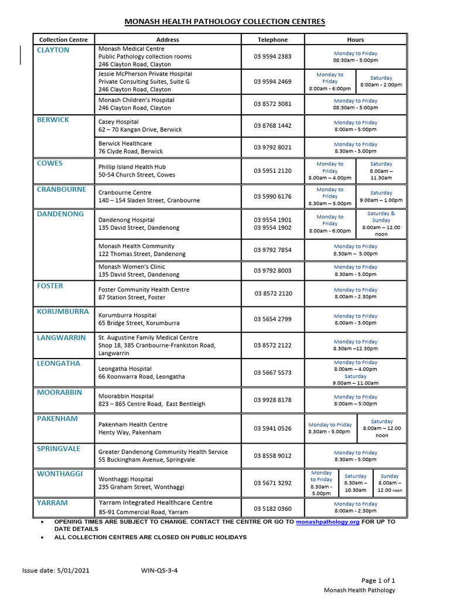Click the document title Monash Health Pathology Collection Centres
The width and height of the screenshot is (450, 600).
225,22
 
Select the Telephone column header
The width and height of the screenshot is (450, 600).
272,40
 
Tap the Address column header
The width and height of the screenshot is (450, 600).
168,40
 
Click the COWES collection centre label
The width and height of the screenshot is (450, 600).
50,163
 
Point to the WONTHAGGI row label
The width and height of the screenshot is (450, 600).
60,473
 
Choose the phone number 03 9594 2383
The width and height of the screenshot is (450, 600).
272,57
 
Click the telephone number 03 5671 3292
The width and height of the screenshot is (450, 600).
272,483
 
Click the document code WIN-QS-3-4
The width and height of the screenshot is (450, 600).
159,570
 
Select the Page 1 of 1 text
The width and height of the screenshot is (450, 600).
379,580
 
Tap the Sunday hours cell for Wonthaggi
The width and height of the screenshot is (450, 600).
389,483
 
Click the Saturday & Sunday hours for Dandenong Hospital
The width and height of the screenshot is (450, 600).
381,223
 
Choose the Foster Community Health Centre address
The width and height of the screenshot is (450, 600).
144,294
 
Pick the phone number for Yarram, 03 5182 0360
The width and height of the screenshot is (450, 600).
272,508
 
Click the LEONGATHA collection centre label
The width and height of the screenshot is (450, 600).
59,363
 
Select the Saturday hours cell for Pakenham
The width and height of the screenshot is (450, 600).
381,428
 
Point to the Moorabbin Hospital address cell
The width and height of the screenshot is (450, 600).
152,400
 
